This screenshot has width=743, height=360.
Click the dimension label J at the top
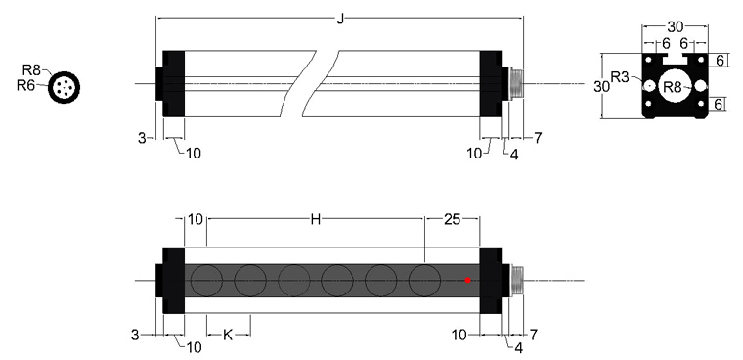(340, 19)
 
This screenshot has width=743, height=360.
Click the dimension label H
(316, 219)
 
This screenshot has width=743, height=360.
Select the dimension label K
(228, 336)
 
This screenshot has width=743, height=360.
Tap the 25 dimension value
(453, 219)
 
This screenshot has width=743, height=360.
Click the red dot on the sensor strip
(468, 281)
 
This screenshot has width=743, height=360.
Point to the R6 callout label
(26, 85)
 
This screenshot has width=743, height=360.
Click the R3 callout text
(620, 77)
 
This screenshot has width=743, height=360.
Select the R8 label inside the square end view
(672, 87)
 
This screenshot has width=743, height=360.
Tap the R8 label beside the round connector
(31, 70)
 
